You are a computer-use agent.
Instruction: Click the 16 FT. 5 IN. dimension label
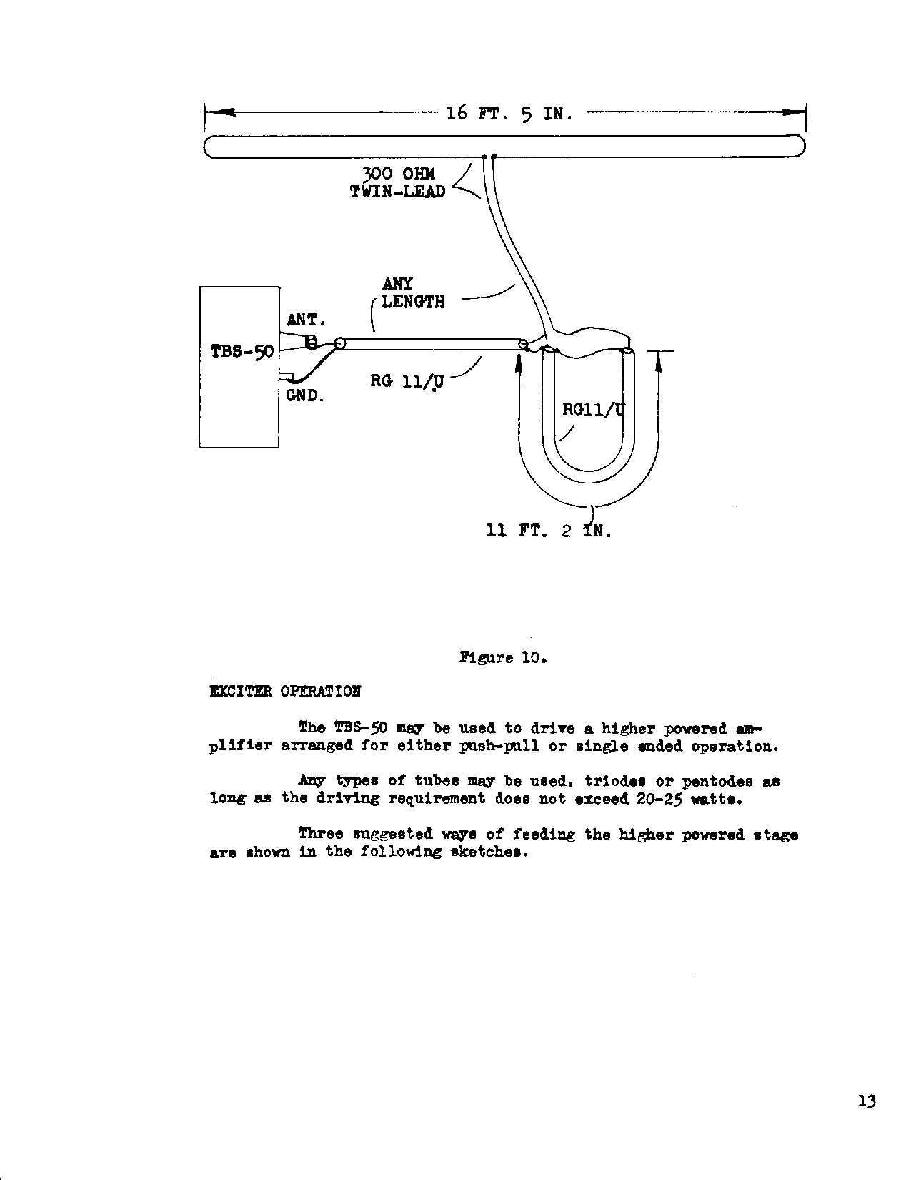509,114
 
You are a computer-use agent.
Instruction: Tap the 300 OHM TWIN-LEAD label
398,182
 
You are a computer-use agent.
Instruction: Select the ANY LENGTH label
413,292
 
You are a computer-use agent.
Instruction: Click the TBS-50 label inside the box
242,352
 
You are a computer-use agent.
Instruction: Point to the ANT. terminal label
306,320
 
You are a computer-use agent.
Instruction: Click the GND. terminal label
306,396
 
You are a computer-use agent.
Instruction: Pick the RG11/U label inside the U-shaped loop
593,409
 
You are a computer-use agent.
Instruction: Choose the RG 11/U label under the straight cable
407,381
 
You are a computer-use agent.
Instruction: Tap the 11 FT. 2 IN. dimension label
549,531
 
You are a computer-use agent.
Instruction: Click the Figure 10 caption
502,658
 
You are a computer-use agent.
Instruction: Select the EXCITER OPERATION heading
285,692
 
